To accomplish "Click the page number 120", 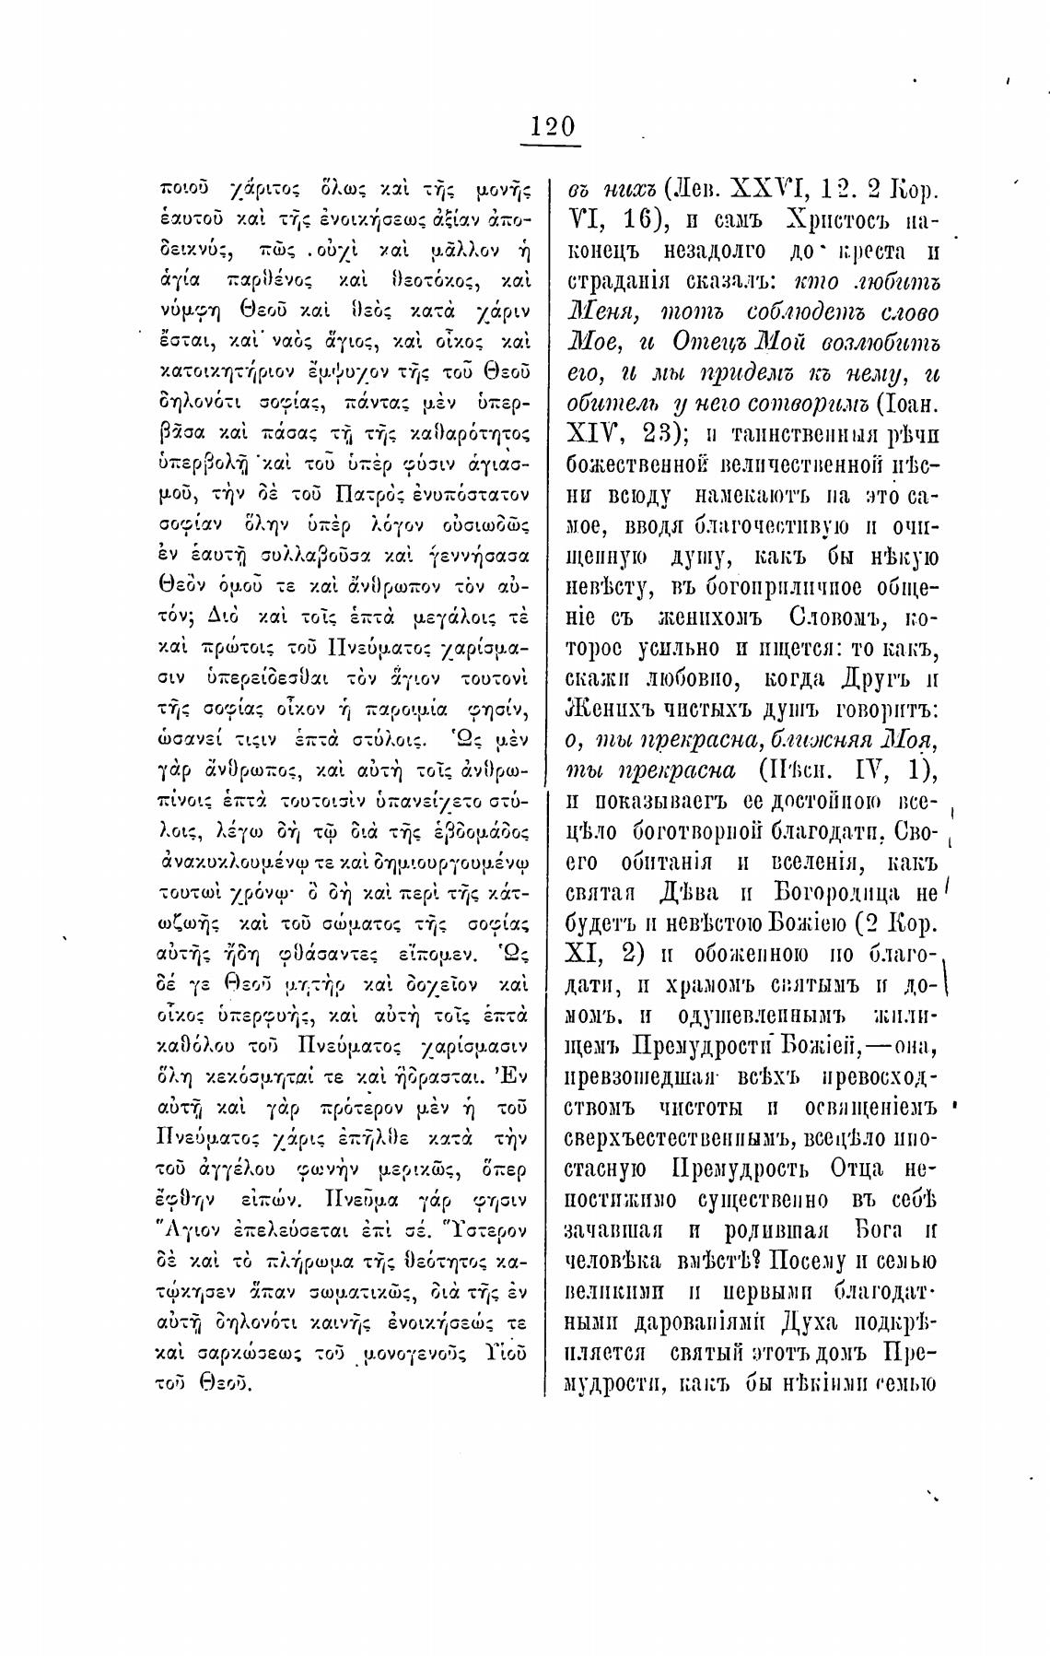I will tap(552, 126).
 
